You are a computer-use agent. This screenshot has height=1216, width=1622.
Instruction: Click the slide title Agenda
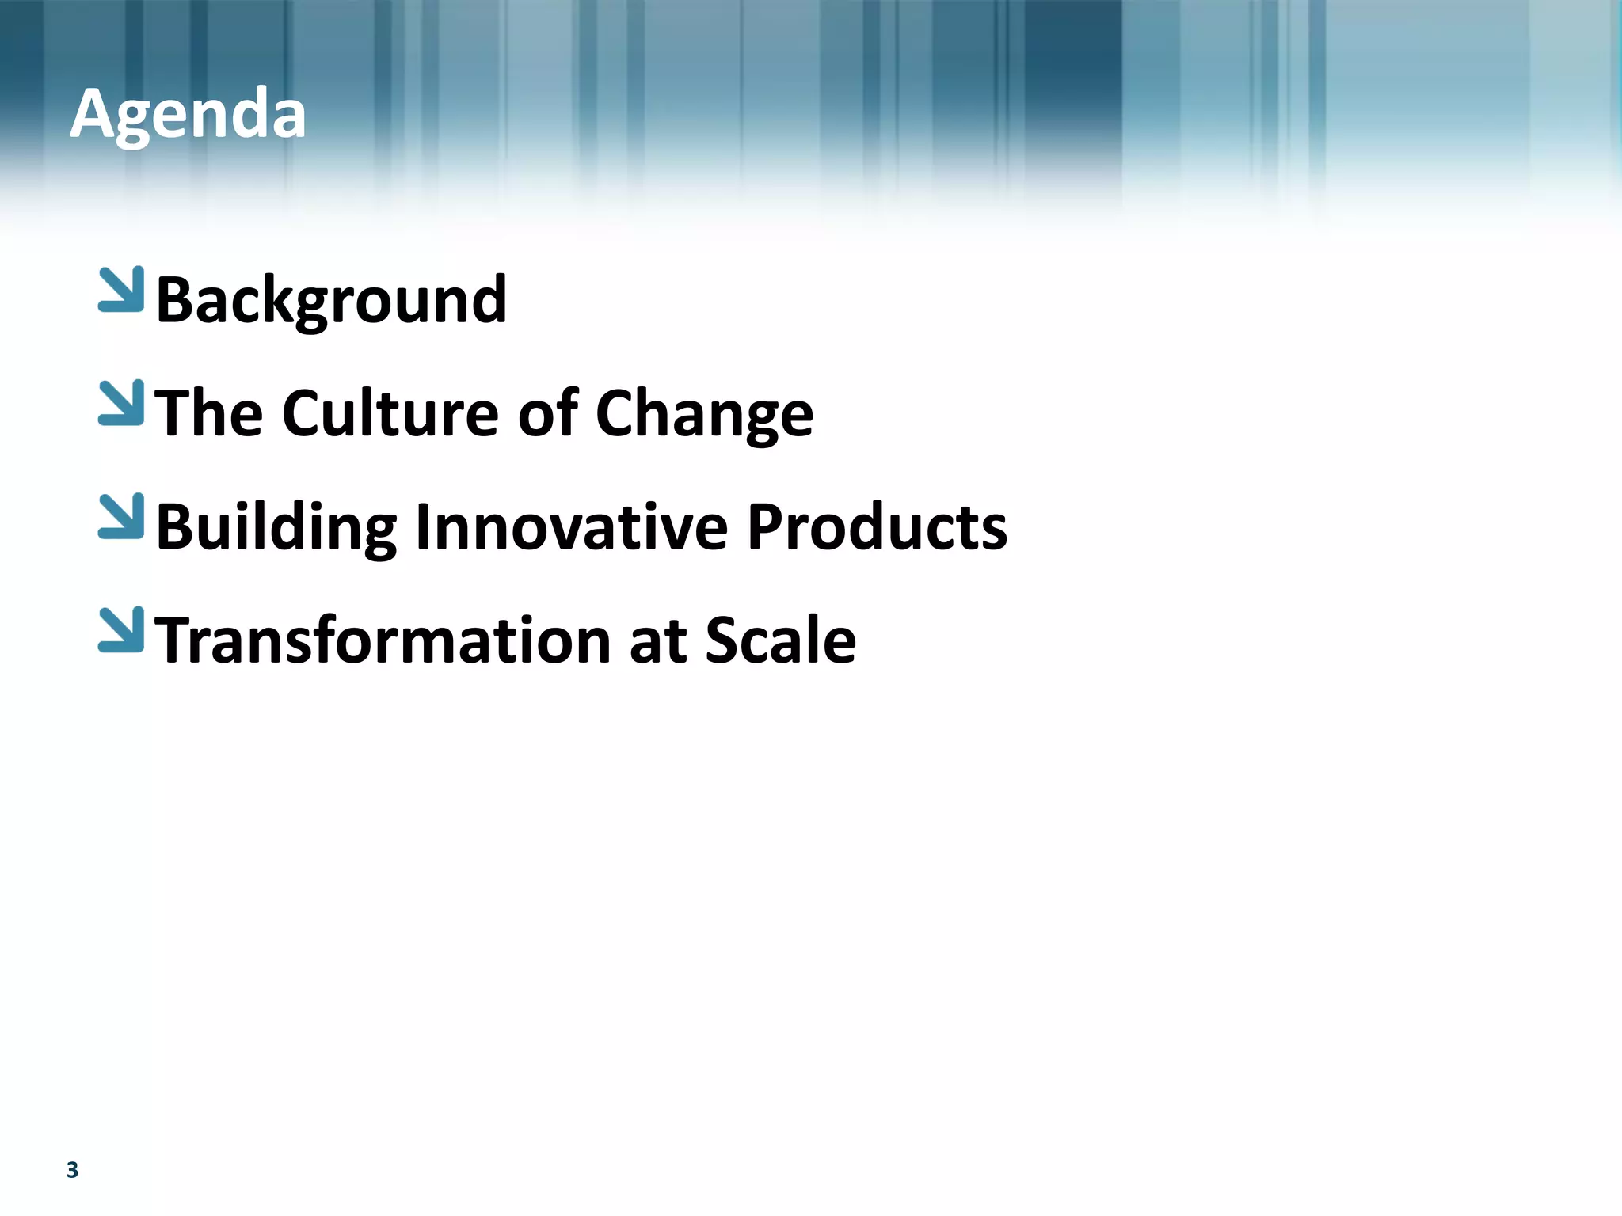[188, 115]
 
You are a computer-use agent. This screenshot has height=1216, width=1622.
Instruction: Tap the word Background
[331, 300]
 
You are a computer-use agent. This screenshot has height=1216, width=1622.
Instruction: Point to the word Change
[704, 415]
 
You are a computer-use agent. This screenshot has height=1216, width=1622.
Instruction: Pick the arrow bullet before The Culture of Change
[122, 403]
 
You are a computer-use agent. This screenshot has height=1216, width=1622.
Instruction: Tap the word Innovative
[571, 527]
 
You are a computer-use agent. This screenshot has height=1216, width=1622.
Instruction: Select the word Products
[877, 527]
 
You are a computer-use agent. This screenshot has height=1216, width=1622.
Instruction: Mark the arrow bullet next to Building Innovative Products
[122, 516]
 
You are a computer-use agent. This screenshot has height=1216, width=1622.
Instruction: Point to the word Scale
[780, 640]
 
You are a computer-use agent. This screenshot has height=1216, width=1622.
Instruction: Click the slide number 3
[72, 1170]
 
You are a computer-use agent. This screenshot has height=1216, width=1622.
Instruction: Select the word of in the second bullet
[547, 413]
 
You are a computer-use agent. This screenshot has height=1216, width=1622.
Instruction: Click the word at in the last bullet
[657, 642]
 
